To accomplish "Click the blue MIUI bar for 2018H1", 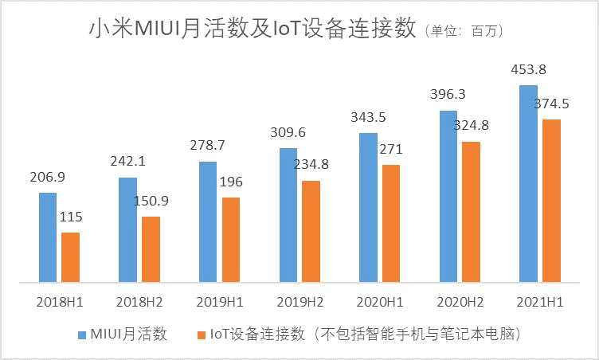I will click(x=48, y=237).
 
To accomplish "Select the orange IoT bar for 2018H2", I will click(x=151, y=248).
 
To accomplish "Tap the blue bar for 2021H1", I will click(x=528, y=182).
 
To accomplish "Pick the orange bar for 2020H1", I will click(x=391, y=223).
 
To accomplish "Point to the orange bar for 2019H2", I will click(x=311, y=231).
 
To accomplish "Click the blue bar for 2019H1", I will click(x=208, y=221).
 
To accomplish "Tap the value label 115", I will click(x=71, y=216).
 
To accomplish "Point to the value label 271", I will click(x=391, y=148).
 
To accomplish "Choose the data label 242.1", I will click(x=127, y=161).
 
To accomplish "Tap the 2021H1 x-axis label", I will click(x=539, y=303).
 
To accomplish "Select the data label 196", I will click(x=231, y=181).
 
